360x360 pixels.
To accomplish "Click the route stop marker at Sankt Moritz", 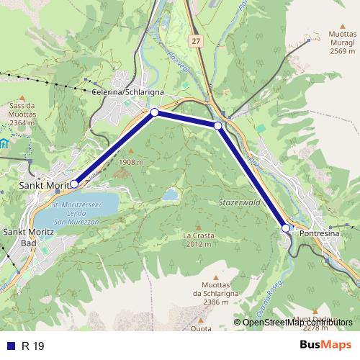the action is coord(74,184).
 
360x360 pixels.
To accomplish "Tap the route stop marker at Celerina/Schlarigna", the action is coord(154,112).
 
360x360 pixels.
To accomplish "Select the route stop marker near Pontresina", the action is coord(286,228).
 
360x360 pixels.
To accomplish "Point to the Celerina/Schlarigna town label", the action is coord(128,92).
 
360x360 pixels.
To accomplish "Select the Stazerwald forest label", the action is coord(238,204).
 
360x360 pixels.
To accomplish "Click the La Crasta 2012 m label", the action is coord(197,239).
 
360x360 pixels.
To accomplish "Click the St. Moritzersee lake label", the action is coord(77,213).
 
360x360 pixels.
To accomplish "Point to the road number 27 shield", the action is coord(195,42).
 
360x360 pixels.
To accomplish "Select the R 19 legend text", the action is coord(33,346).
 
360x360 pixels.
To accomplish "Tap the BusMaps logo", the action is coord(325,346).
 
